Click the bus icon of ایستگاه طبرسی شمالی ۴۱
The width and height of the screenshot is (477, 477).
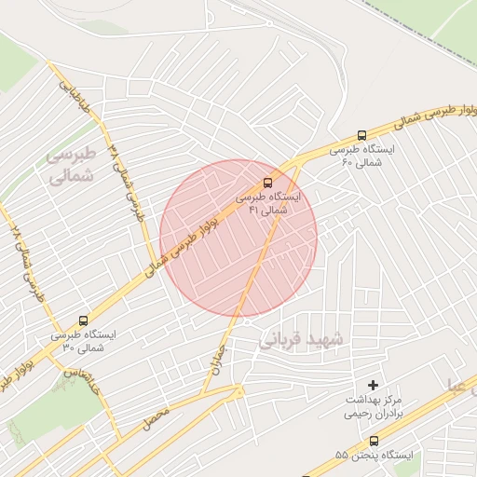tap(268, 182)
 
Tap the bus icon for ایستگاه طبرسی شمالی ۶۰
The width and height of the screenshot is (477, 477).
tap(362, 135)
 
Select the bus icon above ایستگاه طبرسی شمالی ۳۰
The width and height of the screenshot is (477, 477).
tap(85, 320)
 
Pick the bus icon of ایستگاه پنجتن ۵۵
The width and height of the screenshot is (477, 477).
tap(374, 441)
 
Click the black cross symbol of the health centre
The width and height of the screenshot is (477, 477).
tap(374, 384)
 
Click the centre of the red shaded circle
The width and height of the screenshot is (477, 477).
tap(238, 238)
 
